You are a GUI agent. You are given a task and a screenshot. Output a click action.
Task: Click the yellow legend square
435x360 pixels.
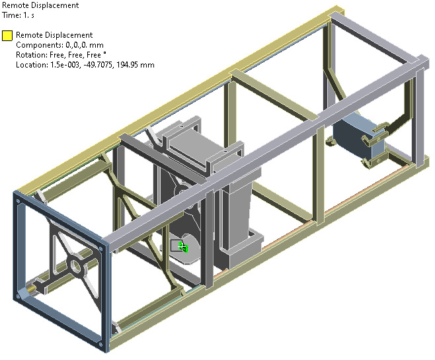tap(7, 36)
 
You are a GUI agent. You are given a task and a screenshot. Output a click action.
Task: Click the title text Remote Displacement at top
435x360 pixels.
tap(40, 5)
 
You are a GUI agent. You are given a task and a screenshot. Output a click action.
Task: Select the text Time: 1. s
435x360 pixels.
tap(18, 15)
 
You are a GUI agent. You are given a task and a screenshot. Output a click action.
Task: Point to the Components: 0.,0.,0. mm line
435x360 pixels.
tap(59, 45)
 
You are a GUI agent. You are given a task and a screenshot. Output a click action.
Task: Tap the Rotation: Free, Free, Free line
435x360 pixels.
tap(61, 55)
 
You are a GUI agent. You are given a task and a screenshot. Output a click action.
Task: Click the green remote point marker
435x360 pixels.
tap(183, 247)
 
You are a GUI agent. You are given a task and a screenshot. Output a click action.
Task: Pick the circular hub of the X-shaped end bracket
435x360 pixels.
tap(75, 265)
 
